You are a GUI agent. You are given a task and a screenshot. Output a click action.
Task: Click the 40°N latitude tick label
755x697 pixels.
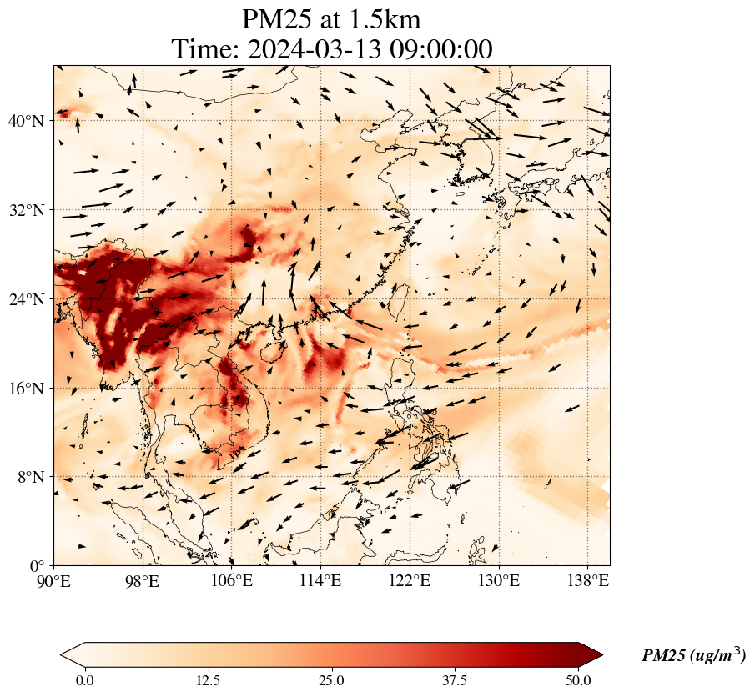pos(27,121)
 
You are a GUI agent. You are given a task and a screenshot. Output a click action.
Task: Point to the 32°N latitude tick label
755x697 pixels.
pos(27,210)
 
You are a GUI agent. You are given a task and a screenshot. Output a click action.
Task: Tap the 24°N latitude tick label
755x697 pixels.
pos(27,299)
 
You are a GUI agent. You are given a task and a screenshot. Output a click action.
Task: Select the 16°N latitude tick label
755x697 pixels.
pos(27,389)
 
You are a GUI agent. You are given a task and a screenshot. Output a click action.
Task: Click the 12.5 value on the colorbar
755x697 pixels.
pos(208,680)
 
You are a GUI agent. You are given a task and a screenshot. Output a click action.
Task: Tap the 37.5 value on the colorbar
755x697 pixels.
pos(456,680)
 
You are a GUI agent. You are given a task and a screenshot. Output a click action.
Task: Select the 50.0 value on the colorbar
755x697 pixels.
pos(579,680)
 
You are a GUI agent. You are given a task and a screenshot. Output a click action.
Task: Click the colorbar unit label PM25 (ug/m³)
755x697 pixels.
pos(693,656)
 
